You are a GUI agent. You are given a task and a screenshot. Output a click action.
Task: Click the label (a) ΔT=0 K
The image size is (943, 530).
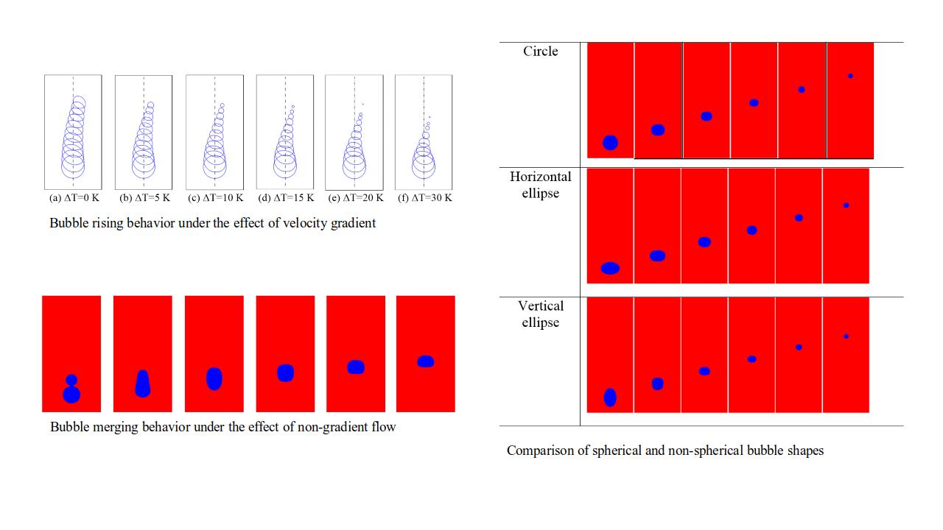74,198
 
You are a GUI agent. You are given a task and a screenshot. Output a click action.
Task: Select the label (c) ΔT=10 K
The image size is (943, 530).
215,198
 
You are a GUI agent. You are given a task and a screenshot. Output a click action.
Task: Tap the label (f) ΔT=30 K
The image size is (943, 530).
424,198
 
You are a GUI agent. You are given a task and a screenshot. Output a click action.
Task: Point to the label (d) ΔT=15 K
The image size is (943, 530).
285,198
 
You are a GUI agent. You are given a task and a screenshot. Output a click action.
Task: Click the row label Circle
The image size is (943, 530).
540,52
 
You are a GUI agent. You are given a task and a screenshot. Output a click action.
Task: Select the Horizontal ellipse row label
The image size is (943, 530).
540,185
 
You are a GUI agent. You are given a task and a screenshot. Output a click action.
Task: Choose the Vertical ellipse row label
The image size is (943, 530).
540,314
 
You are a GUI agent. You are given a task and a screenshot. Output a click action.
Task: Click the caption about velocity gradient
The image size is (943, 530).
213,223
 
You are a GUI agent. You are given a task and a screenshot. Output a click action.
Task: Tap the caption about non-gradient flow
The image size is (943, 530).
222,427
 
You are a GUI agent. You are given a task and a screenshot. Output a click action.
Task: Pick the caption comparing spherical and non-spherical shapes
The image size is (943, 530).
665,451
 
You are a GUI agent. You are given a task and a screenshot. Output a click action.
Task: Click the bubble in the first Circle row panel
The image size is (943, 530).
610,143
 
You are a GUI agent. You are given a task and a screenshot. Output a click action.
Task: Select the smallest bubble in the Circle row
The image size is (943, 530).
850,76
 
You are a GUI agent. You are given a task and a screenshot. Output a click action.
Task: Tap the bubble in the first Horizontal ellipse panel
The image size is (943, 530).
610,268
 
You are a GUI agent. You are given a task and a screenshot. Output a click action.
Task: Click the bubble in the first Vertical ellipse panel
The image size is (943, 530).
610,397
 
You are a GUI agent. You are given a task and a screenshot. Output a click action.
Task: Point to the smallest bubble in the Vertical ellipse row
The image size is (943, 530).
846,336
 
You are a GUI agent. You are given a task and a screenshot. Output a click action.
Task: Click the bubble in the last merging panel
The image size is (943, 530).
425,361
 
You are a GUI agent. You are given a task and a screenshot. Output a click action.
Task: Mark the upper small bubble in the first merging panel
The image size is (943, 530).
71,380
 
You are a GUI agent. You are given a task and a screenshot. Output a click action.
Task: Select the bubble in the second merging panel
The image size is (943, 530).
143,383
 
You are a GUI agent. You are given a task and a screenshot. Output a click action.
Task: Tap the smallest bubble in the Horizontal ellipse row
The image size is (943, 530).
846,205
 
